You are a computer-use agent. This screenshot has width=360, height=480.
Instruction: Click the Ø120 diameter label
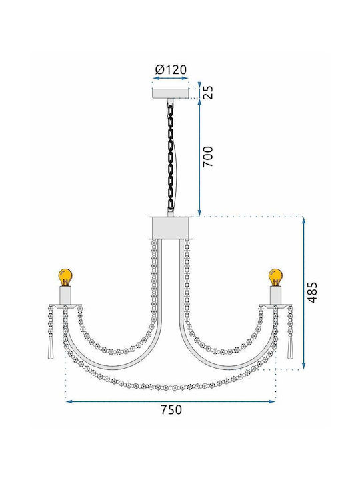[x=171, y=70]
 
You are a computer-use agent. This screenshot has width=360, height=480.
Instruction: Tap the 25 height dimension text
[x=209, y=92]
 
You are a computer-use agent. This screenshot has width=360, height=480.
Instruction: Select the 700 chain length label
[x=208, y=157]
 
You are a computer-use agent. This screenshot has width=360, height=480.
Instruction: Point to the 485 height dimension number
[x=312, y=293]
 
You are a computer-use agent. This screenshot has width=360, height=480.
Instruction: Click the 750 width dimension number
[x=171, y=409]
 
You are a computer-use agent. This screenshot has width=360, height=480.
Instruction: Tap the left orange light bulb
[x=65, y=277]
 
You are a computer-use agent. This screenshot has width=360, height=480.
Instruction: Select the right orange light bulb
[x=275, y=277]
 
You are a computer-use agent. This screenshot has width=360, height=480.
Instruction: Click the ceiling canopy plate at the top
[x=171, y=93]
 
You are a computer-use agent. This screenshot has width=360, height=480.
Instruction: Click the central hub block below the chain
[x=171, y=228]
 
